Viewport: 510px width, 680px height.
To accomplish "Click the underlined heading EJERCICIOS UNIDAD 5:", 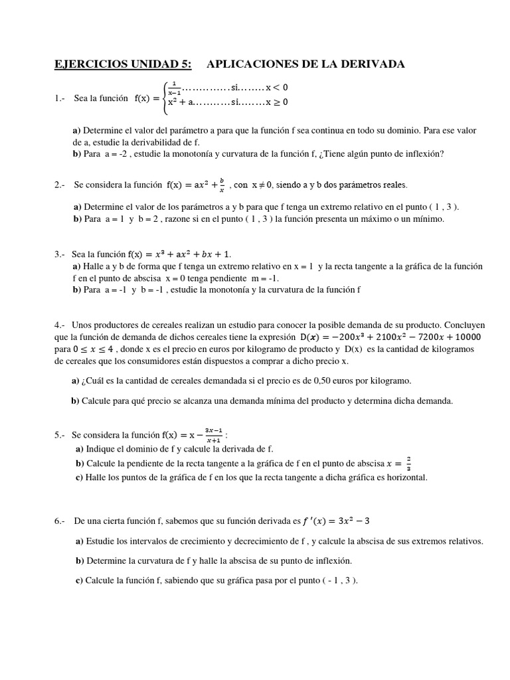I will pyautogui.click(x=122, y=64).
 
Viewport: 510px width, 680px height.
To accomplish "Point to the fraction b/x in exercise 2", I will pyautogui.click(x=223, y=183).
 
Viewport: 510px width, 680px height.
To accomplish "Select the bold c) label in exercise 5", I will pyautogui.click(x=79, y=477).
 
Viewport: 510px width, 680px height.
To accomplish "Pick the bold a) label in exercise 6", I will pyautogui.click(x=80, y=541).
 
